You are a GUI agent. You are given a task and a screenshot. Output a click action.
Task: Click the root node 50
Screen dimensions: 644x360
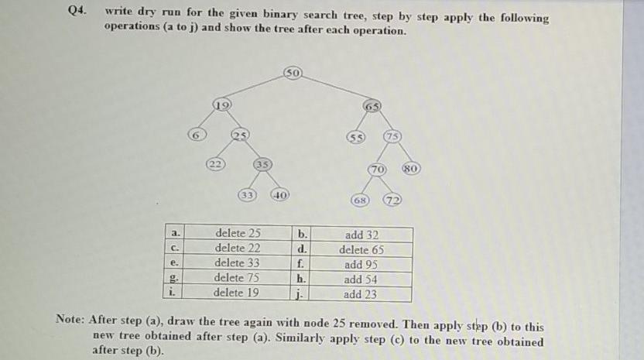(293, 74)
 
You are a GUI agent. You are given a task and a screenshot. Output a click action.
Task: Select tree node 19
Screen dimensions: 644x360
(221, 104)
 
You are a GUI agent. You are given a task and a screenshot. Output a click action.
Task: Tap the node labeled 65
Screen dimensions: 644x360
(373, 105)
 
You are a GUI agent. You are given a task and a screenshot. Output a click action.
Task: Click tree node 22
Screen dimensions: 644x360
(216, 163)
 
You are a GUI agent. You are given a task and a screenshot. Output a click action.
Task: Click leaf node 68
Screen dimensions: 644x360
(361, 200)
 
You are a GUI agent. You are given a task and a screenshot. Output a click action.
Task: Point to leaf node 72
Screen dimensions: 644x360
(394, 200)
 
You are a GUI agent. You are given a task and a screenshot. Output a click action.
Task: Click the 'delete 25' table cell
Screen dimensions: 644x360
(238, 234)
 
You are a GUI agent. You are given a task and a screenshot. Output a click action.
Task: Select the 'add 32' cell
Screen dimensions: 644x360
(361, 235)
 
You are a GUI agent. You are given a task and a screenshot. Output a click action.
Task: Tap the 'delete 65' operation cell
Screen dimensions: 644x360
(361, 249)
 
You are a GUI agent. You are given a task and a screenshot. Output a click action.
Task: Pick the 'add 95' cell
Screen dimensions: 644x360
(361, 264)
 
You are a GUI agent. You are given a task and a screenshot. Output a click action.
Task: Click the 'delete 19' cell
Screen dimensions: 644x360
(237, 293)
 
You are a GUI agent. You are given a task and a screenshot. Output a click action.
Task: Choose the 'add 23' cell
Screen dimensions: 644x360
(361, 293)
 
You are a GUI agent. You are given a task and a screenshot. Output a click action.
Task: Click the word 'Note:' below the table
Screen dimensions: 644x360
(70, 318)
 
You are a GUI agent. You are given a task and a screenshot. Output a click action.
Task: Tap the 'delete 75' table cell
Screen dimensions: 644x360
(237, 278)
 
